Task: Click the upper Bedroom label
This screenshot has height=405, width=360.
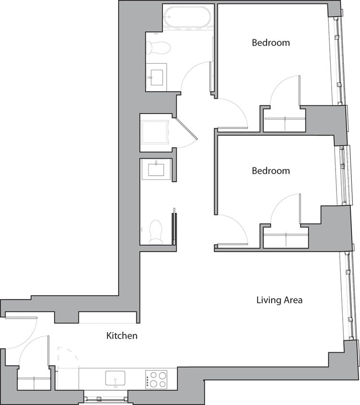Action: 271,43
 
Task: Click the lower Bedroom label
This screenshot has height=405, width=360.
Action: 271,171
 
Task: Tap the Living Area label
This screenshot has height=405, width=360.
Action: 279,300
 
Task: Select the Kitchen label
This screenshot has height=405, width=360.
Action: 121,336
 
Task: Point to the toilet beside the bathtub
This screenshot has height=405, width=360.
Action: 158,47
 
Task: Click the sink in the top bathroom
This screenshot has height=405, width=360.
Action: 157,76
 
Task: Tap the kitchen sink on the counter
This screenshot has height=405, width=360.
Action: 115,378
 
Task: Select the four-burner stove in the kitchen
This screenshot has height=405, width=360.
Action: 156,379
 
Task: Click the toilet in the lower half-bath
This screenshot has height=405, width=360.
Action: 156,231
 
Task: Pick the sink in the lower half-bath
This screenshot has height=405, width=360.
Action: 156,169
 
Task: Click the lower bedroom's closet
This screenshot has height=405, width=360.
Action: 286,240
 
